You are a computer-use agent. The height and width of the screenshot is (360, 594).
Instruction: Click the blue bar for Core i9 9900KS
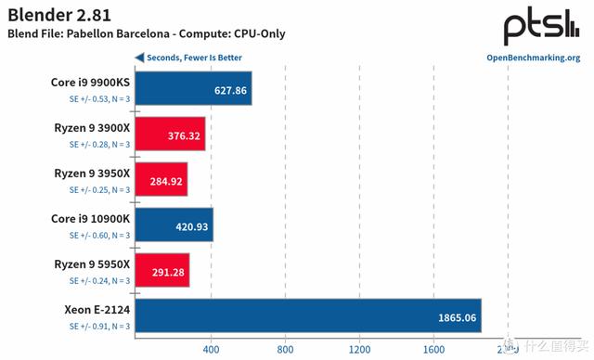(x=193, y=90)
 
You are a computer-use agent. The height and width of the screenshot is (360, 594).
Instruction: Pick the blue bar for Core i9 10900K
(x=174, y=225)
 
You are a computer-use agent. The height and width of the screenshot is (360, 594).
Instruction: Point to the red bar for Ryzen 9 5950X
(x=162, y=270)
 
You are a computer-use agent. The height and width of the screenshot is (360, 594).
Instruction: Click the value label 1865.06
(x=457, y=316)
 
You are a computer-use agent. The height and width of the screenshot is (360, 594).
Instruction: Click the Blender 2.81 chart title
(x=52, y=13)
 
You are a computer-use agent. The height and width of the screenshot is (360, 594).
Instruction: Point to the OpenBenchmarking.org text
(x=533, y=58)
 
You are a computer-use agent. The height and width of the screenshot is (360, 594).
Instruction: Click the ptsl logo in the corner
(x=541, y=27)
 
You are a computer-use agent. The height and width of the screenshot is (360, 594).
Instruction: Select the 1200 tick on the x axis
(x=359, y=350)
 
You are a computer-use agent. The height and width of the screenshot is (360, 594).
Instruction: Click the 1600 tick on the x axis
(x=433, y=350)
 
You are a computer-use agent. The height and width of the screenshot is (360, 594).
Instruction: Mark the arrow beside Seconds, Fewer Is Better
(x=139, y=58)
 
